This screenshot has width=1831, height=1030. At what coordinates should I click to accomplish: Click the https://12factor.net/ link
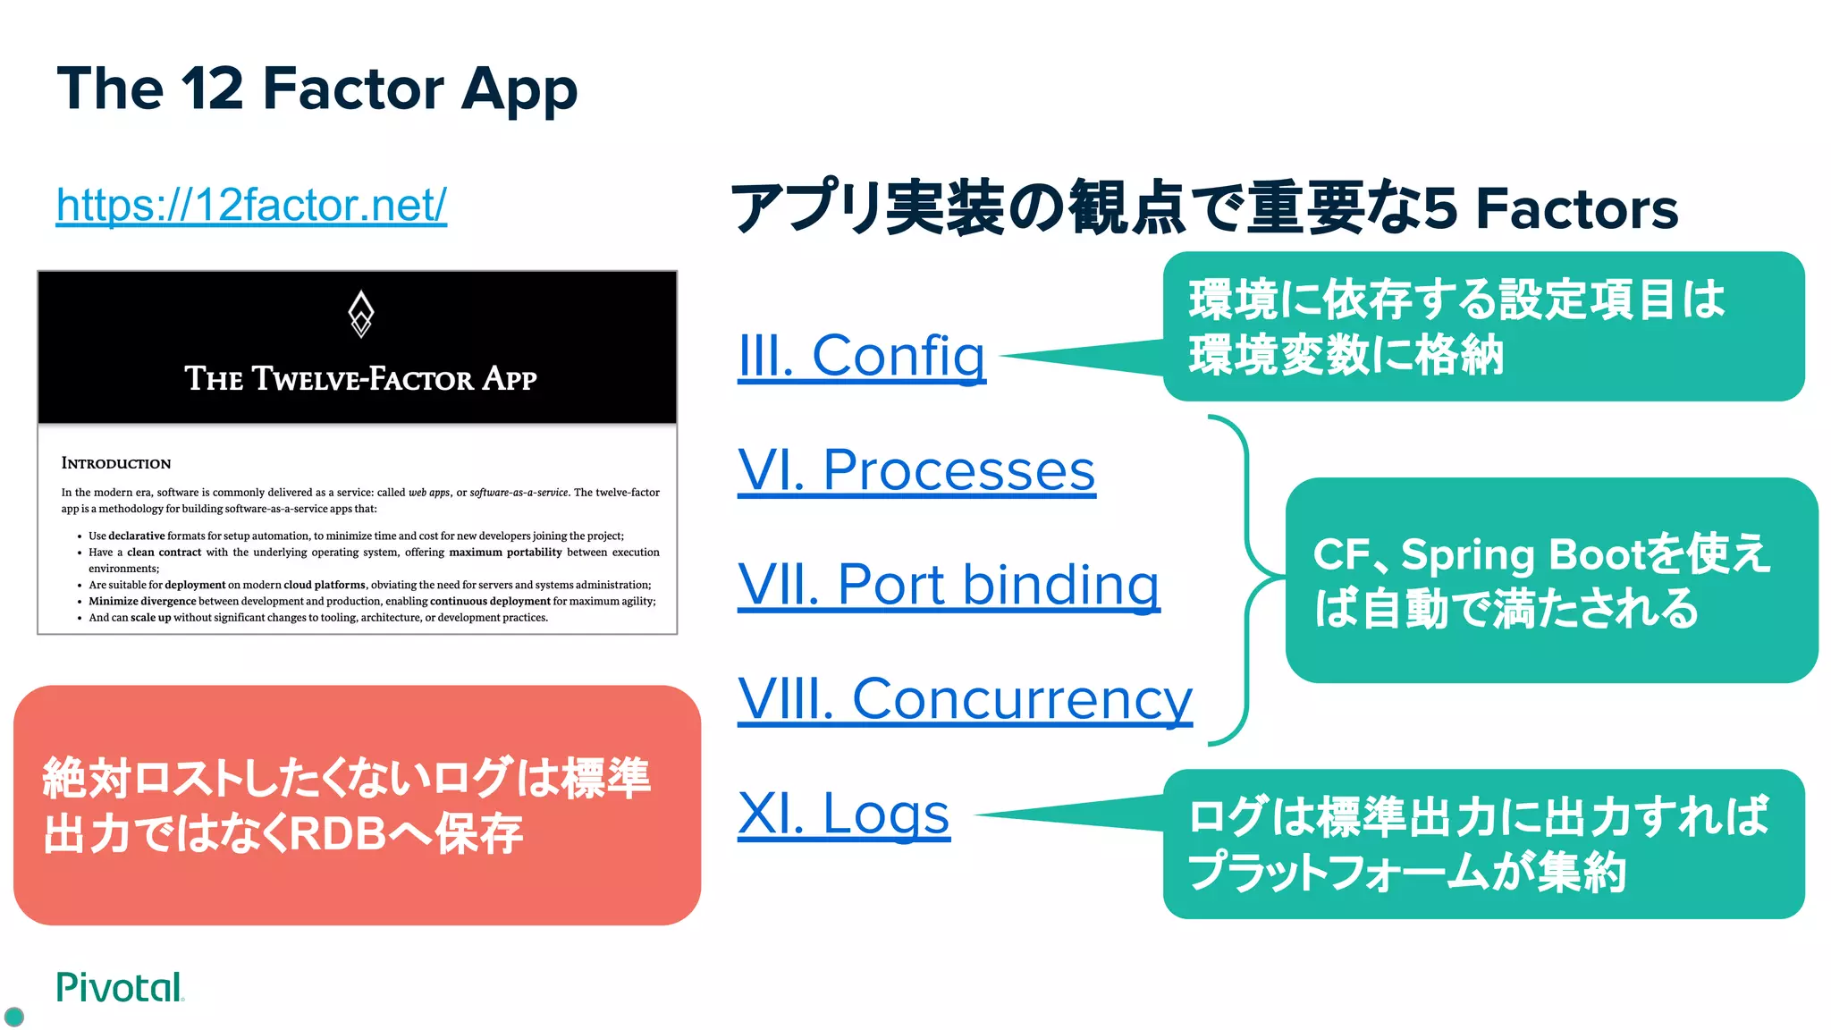click(251, 206)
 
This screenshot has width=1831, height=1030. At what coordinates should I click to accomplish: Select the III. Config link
click(861, 356)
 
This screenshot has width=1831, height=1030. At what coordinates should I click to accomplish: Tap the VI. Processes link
click(916, 470)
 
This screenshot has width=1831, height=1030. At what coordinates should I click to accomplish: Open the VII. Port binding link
click(949, 585)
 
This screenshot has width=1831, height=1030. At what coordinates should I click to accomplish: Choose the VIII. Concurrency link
click(965, 699)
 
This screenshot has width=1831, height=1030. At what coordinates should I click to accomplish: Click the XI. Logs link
click(843, 814)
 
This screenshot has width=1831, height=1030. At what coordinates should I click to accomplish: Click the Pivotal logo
click(119, 987)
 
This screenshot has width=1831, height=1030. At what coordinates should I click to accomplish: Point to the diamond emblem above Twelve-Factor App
click(360, 314)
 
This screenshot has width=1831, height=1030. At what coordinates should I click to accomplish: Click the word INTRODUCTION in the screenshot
click(116, 463)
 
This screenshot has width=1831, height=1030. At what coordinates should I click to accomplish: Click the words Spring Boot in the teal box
click(1511, 554)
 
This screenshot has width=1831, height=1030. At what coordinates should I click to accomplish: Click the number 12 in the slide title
click(212, 89)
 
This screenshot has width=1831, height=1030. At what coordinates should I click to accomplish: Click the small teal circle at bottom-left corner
click(14, 1017)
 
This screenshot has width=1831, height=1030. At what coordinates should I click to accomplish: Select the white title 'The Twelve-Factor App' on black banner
click(360, 379)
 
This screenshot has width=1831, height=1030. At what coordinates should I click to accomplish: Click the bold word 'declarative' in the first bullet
click(137, 536)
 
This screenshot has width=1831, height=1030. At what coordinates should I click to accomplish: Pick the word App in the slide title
click(519, 90)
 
